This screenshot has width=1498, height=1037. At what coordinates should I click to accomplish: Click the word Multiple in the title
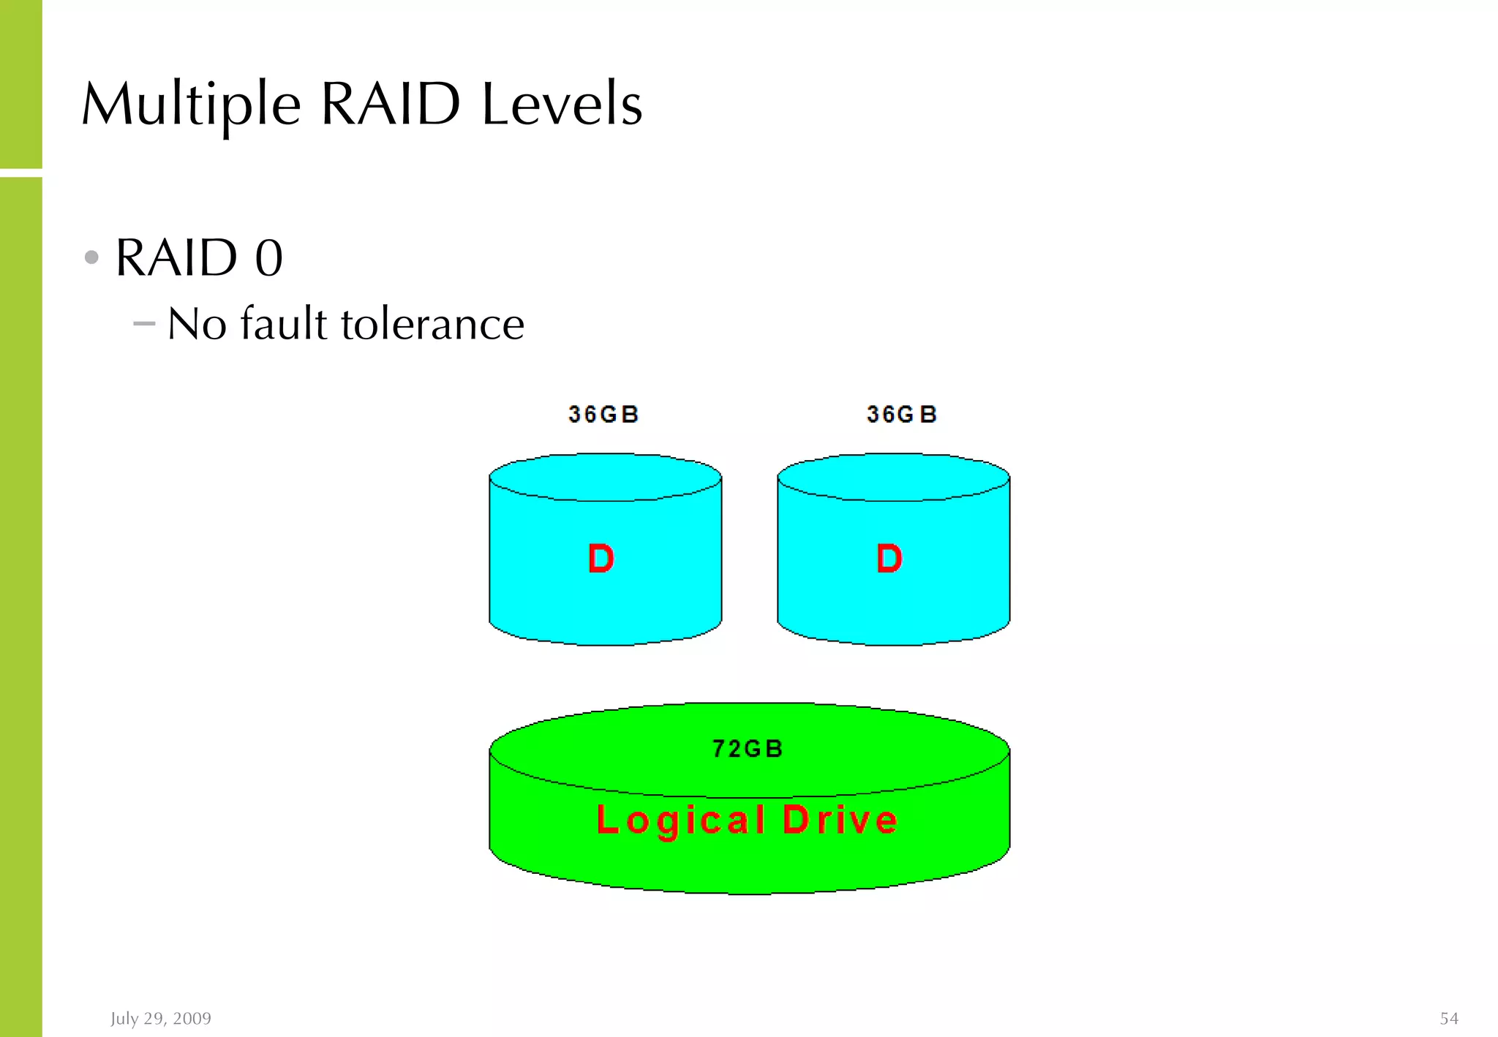tap(191, 105)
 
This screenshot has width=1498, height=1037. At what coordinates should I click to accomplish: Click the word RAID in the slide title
tap(391, 105)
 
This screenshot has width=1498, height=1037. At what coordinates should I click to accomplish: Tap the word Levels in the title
tap(562, 105)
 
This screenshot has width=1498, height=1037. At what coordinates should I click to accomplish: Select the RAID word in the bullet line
tap(177, 258)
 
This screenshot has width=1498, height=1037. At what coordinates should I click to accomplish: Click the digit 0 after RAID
tap(268, 258)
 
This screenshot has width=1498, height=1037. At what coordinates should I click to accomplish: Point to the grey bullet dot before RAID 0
tap(91, 257)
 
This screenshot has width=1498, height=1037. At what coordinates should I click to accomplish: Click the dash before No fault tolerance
tap(145, 323)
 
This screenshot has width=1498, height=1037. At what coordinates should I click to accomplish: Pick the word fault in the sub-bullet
tap(284, 323)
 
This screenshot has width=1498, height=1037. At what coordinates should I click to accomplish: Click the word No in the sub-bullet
tap(197, 324)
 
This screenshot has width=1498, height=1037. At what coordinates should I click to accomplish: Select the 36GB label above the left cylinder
tap(603, 415)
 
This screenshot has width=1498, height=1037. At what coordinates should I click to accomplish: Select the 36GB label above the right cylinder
tap(901, 415)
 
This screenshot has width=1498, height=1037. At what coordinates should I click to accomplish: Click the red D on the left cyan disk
tap(601, 559)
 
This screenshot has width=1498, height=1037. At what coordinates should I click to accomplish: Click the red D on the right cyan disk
tap(889, 559)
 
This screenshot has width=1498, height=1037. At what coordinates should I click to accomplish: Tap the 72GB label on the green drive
tap(748, 749)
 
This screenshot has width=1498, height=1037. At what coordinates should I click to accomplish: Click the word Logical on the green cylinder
tap(681, 821)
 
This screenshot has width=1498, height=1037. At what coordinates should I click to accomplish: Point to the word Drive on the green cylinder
tap(840, 820)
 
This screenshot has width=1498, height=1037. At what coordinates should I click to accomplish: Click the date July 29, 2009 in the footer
tap(161, 1019)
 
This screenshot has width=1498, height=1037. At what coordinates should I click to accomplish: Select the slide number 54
tap(1449, 1019)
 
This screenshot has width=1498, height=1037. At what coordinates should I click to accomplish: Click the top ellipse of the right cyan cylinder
tap(893, 478)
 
